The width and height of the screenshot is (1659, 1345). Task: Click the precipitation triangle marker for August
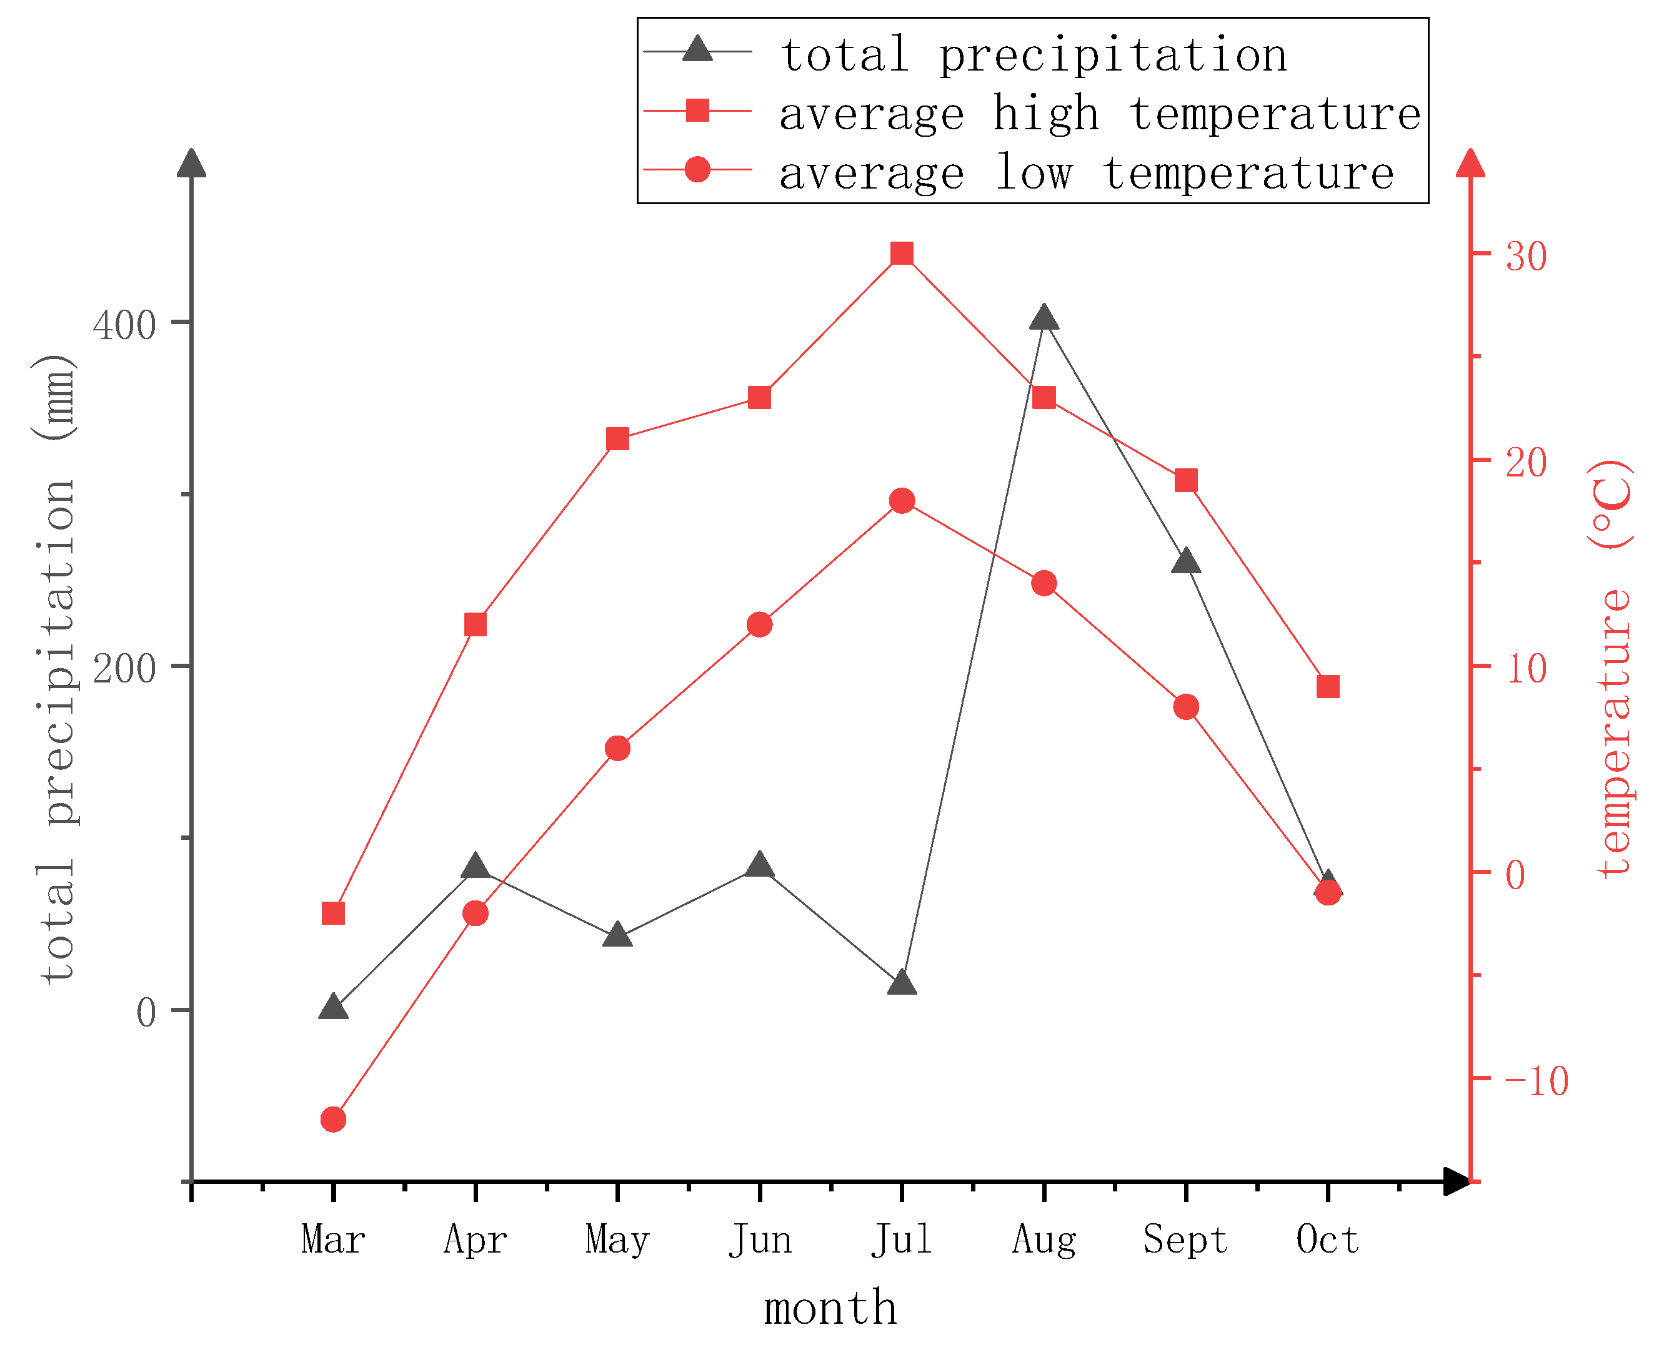click(1044, 318)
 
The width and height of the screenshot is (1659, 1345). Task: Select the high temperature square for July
click(902, 254)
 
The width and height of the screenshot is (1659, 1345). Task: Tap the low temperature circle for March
click(333, 1120)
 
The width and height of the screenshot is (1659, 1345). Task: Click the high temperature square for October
click(1328, 686)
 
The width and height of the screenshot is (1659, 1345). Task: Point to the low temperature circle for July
click(902, 501)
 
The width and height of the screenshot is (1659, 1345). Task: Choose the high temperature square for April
click(476, 624)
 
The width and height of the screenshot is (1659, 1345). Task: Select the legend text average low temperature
click(1085, 173)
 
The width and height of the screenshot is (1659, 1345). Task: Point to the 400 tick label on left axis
click(124, 325)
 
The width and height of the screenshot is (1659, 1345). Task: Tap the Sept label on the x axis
click(1185, 1240)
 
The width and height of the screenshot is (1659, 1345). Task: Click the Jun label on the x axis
click(760, 1240)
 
